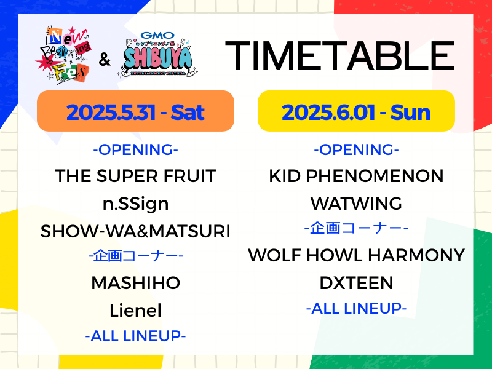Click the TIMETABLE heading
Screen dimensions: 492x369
click(x=340, y=56)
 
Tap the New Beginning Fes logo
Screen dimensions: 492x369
click(x=65, y=55)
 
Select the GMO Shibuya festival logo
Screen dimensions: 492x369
click(x=158, y=54)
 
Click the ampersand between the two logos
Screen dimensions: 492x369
click(x=105, y=59)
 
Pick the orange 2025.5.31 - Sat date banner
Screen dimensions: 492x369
click(x=135, y=111)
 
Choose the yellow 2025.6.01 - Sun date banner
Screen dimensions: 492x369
click(x=357, y=111)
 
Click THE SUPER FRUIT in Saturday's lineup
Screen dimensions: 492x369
click(x=135, y=176)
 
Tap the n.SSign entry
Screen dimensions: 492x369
click(x=135, y=204)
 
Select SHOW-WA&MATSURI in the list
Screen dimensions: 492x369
click(x=135, y=231)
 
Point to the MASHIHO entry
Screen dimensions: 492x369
click(x=135, y=283)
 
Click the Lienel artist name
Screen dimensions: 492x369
click(x=135, y=311)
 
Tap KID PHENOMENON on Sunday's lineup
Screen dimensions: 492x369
click(x=357, y=176)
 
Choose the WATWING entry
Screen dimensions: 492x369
click(x=357, y=204)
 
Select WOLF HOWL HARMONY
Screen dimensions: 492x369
click(x=357, y=255)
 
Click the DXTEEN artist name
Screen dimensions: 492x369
click(x=357, y=283)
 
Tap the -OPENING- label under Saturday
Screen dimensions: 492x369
click(x=135, y=149)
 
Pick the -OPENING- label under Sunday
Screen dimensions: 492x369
click(x=357, y=149)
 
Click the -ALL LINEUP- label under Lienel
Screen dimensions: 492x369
click(x=135, y=336)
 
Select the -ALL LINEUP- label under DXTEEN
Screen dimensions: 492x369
click(x=357, y=309)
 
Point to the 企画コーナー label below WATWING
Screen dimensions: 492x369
click(x=357, y=228)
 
